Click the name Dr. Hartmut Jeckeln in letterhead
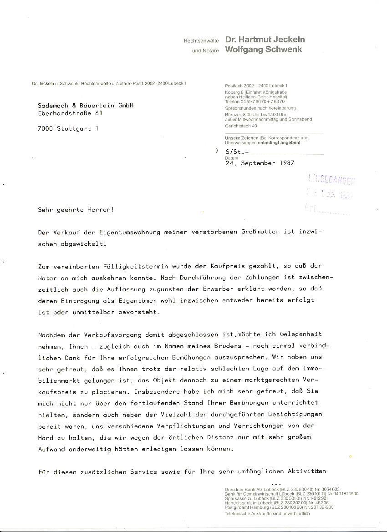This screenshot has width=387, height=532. pyautogui.click(x=265, y=40)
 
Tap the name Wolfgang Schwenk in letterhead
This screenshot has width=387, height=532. pyautogui.click(x=264, y=50)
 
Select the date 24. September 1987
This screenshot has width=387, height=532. pyautogui.click(x=260, y=163)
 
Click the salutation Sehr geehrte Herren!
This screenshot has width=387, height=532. pyautogui.click(x=76, y=209)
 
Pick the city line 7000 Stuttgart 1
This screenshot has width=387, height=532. pyautogui.click(x=68, y=128)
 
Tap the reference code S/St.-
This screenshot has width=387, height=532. pyautogui.click(x=237, y=152)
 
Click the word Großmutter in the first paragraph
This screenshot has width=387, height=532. pyautogui.click(x=256, y=232)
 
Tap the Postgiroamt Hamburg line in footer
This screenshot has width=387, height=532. pyautogui.click(x=279, y=507)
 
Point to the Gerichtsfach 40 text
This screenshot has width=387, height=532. pyautogui.click(x=241, y=126)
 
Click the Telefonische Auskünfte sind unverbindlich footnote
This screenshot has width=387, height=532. pyautogui.click(x=267, y=513)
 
